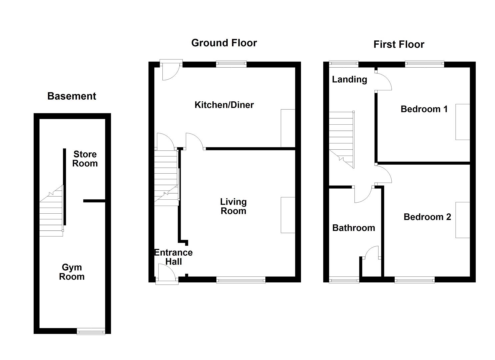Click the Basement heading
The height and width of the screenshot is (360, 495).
point(72,96)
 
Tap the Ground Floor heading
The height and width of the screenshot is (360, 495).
point(224,43)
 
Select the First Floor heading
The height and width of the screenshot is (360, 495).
point(399,44)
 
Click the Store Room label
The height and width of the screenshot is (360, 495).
point(85,159)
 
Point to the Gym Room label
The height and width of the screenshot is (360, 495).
point(72,272)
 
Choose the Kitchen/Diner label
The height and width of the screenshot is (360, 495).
point(224,105)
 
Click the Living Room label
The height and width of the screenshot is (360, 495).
point(233,206)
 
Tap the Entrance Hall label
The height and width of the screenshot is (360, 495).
point(173,257)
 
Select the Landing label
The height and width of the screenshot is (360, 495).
point(349,80)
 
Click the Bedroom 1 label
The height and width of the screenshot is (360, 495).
point(424,109)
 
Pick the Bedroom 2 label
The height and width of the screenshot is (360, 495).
point(427,217)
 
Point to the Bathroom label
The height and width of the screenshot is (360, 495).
point(354,228)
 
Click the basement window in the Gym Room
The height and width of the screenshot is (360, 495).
point(91,331)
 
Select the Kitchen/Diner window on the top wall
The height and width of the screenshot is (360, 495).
point(231,64)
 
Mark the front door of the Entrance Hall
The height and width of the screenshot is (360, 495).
point(167,275)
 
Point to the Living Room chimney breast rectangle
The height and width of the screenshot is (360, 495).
point(288,215)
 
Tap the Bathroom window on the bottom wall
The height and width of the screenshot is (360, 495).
point(344,281)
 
